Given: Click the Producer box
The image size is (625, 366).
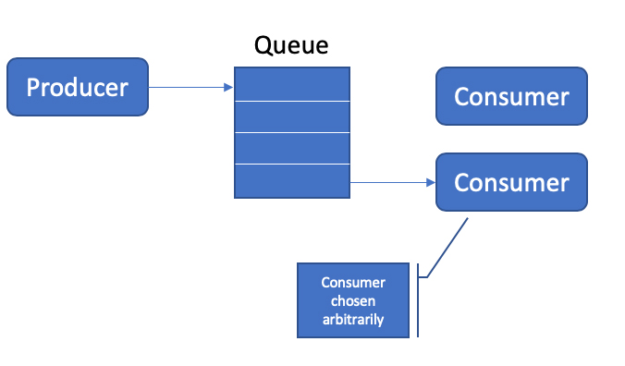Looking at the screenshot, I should (x=78, y=88).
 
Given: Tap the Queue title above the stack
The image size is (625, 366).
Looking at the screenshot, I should (x=291, y=45).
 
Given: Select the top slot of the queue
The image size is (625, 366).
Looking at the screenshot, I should (x=292, y=84).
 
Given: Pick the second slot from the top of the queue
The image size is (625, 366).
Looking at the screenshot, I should (x=292, y=116).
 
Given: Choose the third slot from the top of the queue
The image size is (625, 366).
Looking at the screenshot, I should (x=292, y=148).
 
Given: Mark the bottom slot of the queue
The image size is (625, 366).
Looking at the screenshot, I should (x=292, y=181).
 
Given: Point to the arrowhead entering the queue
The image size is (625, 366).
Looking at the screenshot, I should (x=228, y=88).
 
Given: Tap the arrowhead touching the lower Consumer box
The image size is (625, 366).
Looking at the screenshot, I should (x=430, y=183).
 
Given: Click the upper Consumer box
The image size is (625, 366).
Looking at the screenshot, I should (x=511, y=96).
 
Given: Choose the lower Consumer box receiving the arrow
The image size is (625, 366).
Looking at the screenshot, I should (x=511, y=182).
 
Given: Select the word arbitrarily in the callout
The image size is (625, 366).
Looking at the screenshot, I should (x=352, y=319).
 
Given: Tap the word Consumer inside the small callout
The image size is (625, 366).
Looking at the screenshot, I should (x=352, y=283).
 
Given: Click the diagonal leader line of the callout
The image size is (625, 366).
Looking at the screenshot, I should (x=447, y=247).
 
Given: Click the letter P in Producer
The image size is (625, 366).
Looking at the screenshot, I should (x=34, y=88).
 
